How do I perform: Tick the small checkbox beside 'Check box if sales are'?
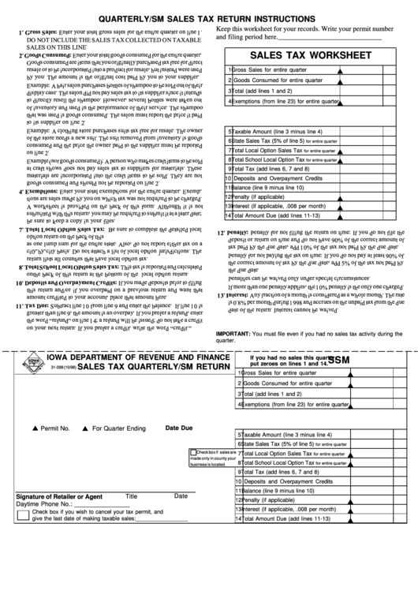(x=194, y=452)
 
